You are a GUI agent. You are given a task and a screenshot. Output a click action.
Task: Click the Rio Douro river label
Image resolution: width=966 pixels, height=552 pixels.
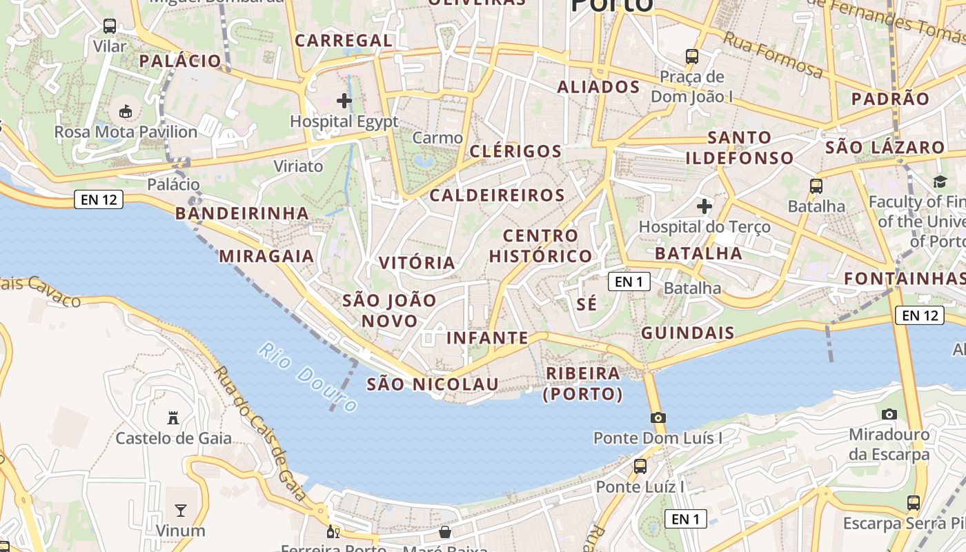point(308,377)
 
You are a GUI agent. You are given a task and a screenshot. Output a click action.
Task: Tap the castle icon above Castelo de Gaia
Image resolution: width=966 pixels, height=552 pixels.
point(173,417)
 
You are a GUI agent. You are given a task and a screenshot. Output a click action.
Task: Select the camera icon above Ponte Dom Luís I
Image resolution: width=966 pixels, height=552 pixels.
point(658,417)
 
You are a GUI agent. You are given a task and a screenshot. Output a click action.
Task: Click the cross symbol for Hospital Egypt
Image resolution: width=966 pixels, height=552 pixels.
point(344,101)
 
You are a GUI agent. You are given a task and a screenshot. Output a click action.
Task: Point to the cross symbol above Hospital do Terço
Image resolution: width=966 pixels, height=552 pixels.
point(704,206)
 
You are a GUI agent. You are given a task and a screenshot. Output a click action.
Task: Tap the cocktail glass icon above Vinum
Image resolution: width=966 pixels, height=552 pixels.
point(180,511)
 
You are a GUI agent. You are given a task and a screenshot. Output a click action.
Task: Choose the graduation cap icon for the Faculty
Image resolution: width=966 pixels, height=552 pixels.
point(940,181)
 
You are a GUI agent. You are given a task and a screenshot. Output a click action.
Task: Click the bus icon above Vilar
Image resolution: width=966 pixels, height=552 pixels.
point(110,26)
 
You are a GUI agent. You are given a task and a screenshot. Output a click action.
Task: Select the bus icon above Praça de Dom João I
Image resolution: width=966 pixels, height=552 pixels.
point(691,57)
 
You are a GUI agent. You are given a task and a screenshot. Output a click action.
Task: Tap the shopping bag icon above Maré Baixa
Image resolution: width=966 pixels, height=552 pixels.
point(445,532)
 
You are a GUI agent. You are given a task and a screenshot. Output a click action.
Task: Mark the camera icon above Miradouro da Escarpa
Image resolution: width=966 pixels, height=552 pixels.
point(889,414)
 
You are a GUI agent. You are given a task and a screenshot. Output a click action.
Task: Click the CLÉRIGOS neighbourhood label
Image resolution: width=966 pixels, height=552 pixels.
point(515,151)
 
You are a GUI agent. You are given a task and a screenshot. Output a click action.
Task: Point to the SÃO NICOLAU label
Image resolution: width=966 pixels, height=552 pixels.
point(432,384)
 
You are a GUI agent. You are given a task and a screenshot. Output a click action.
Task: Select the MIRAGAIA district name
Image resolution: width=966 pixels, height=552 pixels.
point(266,256)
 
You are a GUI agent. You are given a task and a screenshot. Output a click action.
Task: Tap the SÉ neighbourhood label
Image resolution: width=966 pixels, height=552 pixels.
point(586,304)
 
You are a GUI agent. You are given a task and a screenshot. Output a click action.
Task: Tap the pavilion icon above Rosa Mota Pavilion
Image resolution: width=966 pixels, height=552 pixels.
point(126,111)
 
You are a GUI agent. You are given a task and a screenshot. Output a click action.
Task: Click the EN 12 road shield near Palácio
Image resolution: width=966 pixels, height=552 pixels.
point(99,200)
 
